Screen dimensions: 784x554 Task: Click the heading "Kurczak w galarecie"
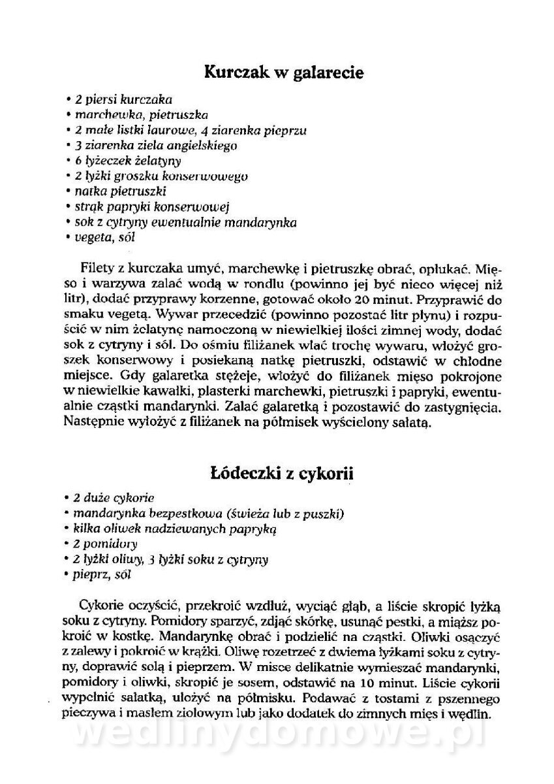click(x=284, y=73)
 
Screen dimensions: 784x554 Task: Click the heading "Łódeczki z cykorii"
click(x=282, y=473)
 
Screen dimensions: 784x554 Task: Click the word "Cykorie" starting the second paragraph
click(x=102, y=602)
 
